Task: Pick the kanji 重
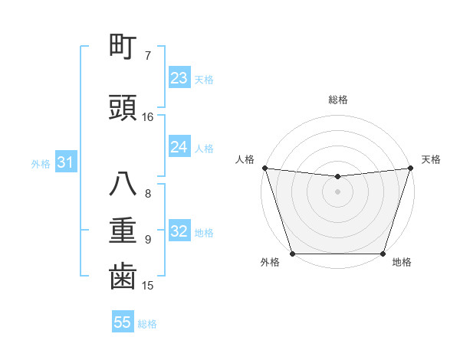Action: pyautogui.click(x=123, y=231)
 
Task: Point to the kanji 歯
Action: pyautogui.click(x=123, y=277)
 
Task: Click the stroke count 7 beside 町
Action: pyautogui.click(x=148, y=56)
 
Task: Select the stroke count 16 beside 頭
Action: pyautogui.click(x=148, y=117)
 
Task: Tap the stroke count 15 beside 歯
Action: pyautogui.click(x=148, y=286)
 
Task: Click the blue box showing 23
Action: pyautogui.click(x=179, y=78)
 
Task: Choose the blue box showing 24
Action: pyautogui.click(x=179, y=147)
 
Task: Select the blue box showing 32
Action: pyautogui.click(x=179, y=231)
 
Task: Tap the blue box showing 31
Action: pyautogui.click(x=65, y=162)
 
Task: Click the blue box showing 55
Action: pyautogui.click(x=123, y=322)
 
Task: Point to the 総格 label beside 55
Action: pyautogui.click(x=147, y=324)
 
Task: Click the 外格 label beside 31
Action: pyautogui.click(x=41, y=164)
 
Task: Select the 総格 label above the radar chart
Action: pyautogui.click(x=337, y=100)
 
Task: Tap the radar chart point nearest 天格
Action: pyautogui.click(x=410, y=168)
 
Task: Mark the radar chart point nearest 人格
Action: pyautogui.click(x=264, y=168)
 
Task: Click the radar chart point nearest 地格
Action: pyautogui.click(x=383, y=254)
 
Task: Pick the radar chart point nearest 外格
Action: pyautogui.click(x=292, y=254)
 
